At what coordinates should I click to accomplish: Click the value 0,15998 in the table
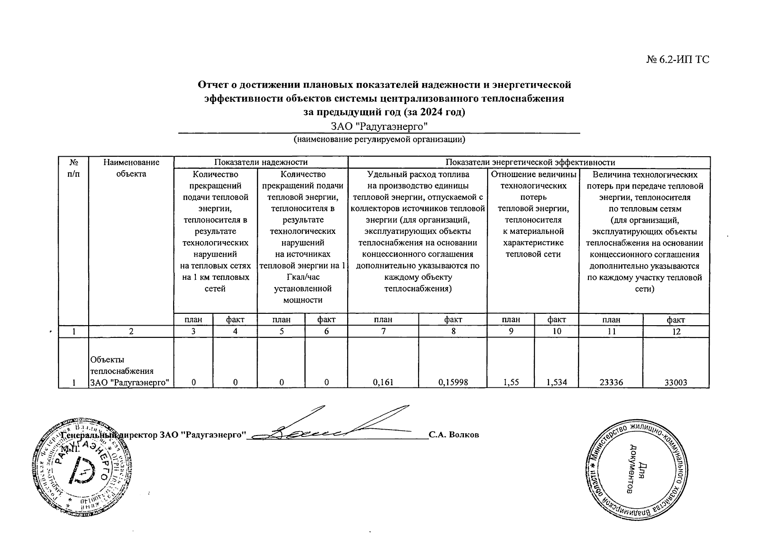[x=453, y=382]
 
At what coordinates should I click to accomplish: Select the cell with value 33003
[x=676, y=382]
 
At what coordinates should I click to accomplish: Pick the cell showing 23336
[x=611, y=382]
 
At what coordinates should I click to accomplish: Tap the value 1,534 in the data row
[x=556, y=382]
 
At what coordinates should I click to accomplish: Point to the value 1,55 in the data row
[x=511, y=382]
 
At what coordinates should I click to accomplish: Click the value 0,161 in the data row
[x=383, y=382]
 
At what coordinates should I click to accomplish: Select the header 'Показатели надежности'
[x=261, y=162]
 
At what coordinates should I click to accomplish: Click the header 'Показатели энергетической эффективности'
[x=530, y=162]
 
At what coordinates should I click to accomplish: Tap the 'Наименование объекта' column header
[x=131, y=168]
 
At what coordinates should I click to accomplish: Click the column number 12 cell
[x=676, y=332]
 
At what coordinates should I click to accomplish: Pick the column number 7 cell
[x=383, y=332]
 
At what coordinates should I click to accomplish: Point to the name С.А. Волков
[x=454, y=435]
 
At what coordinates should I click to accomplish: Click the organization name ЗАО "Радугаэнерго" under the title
[x=379, y=126]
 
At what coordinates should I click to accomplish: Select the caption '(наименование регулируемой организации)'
[x=379, y=139]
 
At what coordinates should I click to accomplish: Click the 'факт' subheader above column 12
[x=676, y=320]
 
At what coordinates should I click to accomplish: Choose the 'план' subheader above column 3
[x=194, y=320]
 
